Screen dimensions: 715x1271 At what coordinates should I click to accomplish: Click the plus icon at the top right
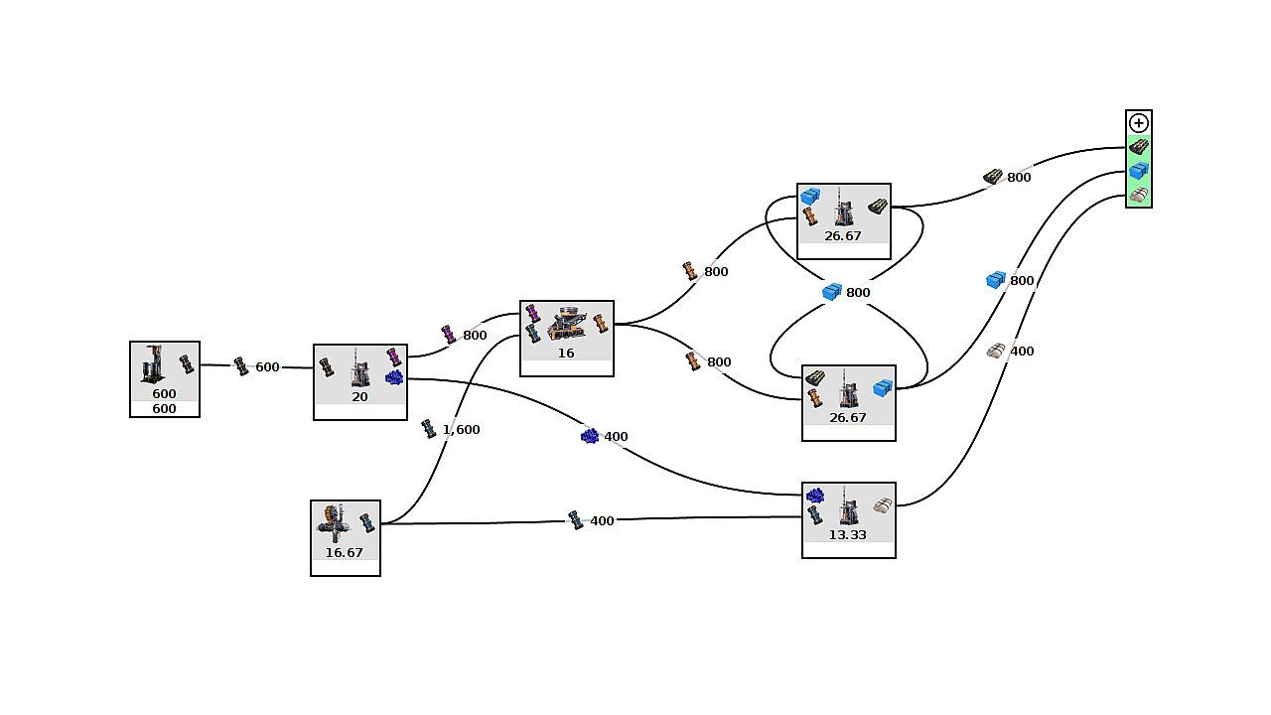click(1139, 123)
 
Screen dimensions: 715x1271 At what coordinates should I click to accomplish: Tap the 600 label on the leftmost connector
click(267, 367)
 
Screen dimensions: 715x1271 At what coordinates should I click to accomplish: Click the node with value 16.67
click(345, 537)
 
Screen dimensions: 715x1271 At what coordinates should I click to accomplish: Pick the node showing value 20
click(359, 381)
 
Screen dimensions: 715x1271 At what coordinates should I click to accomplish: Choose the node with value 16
click(566, 338)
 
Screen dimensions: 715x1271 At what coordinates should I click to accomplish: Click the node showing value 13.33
click(848, 520)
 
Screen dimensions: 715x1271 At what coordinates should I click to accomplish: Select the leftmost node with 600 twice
click(164, 378)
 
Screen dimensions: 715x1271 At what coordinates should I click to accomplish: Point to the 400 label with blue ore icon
click(616, 437)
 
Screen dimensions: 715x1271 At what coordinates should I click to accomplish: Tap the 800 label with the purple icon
click(475, 336)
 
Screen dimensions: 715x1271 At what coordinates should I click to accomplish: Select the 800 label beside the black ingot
click(1019, 178)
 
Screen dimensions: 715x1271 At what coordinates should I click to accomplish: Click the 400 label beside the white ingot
click(1022, 352)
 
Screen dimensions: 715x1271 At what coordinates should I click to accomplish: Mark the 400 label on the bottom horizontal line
click(602, 521)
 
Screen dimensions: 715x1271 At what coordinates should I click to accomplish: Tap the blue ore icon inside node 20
click(394, 378)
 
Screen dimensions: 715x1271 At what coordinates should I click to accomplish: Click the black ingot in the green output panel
click(1139, 147)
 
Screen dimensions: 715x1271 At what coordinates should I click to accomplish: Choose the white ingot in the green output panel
click(1139, 196)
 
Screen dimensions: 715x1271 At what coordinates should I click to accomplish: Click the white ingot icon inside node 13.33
click(882, 506)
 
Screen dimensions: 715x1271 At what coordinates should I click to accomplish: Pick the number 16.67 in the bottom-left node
click(345, 553)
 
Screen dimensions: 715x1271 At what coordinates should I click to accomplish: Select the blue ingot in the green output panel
click(1139, 171)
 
